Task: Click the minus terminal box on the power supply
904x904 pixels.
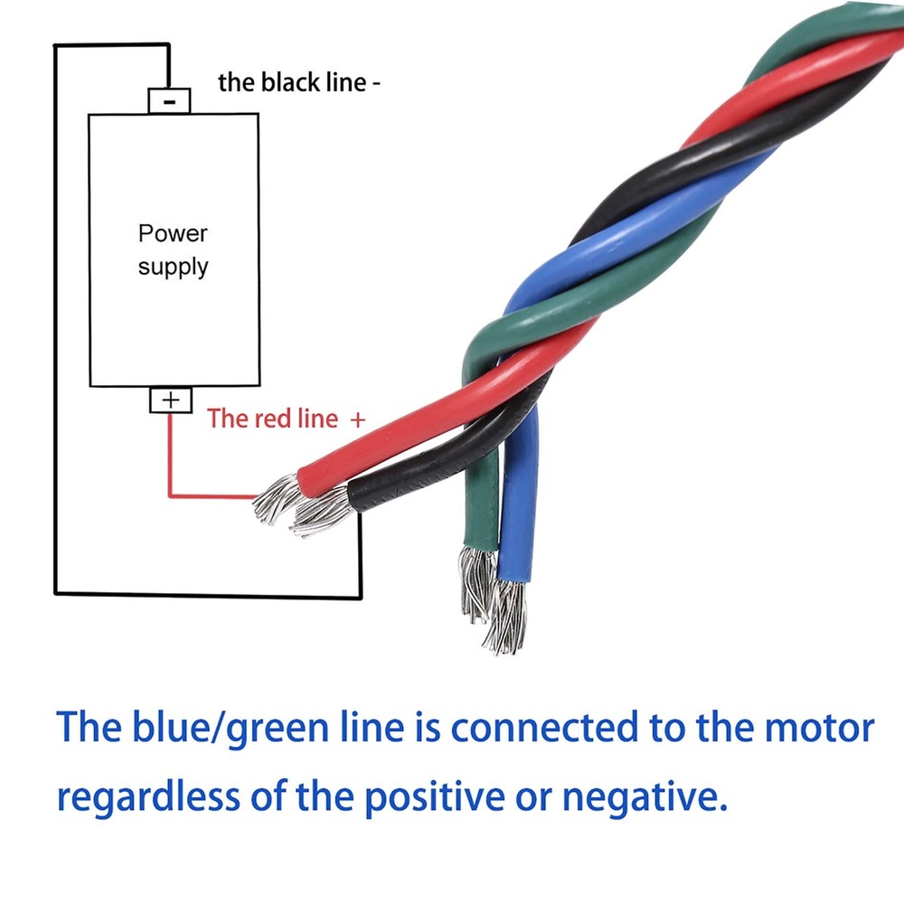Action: tap(169, 100)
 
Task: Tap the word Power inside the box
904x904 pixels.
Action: tap(173, 233)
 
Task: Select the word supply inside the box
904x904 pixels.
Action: tap(173, 267)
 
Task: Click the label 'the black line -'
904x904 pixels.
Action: tap(299, 82)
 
